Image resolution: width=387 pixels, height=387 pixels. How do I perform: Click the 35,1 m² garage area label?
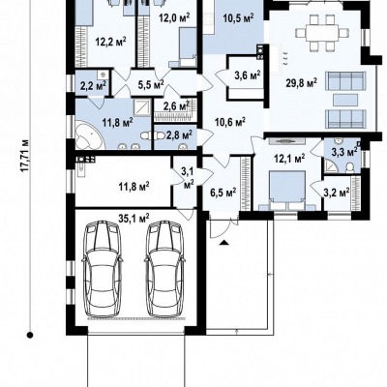point(134,219)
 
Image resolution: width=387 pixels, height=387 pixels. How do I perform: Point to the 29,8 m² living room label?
point(301,83)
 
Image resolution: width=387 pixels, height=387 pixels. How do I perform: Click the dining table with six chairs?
point(322,33)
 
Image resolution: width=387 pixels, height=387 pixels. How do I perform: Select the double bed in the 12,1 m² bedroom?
point(287,191)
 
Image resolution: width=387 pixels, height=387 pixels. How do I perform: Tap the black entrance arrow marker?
point(224,242)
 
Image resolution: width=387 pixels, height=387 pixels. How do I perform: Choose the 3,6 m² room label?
point(247,75)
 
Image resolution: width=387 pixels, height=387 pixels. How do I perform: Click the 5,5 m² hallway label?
point(151,84)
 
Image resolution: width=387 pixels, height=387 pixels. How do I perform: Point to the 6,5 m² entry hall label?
point(223,193)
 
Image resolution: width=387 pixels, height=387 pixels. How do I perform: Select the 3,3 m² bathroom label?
point(344,152)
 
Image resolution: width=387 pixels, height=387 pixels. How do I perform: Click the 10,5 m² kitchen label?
point(238,18)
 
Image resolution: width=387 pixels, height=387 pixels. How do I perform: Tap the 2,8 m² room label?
point(179,134)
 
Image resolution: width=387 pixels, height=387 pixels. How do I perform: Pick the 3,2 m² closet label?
point(337,193)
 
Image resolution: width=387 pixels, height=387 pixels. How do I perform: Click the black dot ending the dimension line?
point(30,335)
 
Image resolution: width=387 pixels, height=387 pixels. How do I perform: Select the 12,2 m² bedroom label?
point(110,42)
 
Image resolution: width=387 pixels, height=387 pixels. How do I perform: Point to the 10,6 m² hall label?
point(230,122)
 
